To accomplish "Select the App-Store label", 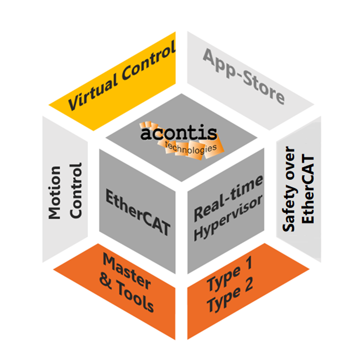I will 244,75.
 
